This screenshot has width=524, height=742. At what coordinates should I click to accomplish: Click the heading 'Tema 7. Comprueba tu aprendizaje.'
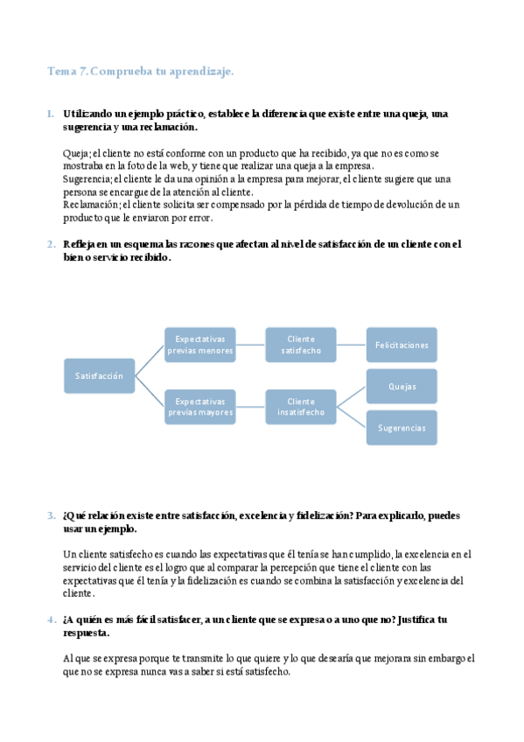point(140,72)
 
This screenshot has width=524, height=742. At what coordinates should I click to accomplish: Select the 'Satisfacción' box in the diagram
point(99,375)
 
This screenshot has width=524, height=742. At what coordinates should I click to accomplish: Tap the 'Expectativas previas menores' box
point(200,345)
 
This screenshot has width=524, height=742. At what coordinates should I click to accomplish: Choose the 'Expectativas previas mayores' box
point(200,406)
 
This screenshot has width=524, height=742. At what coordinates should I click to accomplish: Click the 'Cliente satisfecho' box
point(301,345)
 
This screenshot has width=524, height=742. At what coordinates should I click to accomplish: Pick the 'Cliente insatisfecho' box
point(301,406)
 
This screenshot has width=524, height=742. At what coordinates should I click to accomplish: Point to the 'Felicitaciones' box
point(402,345)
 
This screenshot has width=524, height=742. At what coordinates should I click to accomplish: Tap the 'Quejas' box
point(402,386)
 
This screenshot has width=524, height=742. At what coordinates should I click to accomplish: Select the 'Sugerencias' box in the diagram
point(402,428)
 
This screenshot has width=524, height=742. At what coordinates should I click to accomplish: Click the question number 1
point(50,114)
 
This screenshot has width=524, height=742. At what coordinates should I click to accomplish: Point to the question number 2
point(50,244)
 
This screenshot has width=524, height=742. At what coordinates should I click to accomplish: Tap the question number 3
point(50,515)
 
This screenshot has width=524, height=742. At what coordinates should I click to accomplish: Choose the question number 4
point(50,619)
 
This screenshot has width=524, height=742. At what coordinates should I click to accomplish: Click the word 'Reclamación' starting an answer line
point(89,204)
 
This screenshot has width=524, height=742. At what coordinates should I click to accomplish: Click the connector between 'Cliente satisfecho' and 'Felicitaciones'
point(351,345)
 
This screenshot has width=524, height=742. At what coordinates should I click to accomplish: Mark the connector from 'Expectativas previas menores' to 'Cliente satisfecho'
point(250,345)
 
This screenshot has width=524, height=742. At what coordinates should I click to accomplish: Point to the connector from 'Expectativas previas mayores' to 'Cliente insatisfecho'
point(250,406)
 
